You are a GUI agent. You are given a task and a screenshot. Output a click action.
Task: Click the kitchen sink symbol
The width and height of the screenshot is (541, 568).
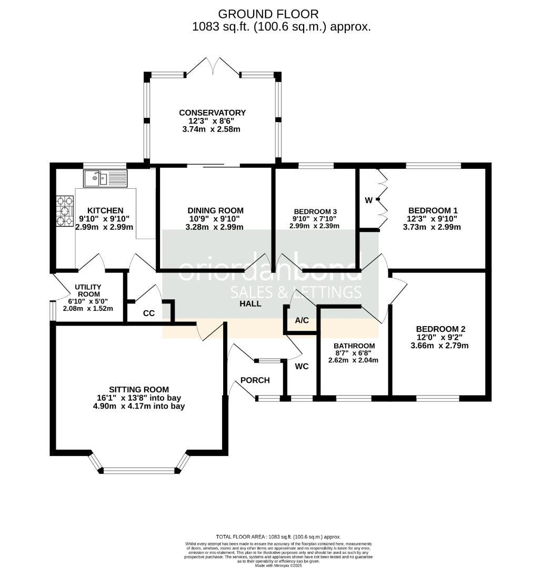click(105, 178)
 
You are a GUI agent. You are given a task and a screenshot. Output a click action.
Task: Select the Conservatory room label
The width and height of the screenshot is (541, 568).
click(212, 113)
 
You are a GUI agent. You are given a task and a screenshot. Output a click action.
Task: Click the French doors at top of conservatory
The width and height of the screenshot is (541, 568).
click(213, 67)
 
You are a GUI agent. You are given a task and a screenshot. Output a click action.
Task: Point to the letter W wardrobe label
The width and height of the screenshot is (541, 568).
click(369, 200)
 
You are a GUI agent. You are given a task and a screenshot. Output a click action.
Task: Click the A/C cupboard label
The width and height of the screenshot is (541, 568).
click(302, 320)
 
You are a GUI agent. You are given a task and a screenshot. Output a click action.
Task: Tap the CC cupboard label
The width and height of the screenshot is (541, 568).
click(149, 313)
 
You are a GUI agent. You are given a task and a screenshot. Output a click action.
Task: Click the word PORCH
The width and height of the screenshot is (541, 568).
click(255, 380)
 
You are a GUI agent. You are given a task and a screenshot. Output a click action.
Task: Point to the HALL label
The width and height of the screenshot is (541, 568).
click(251, 304)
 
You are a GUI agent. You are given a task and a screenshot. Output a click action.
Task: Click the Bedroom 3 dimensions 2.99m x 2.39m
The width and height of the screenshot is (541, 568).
click(314, 226)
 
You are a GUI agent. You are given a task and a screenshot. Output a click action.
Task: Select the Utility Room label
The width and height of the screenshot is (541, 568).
click(88, 290)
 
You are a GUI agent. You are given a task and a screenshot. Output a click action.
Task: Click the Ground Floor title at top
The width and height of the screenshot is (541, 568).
click(268, 14)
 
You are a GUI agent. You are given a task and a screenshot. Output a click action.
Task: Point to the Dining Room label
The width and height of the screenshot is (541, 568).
click(208, 210)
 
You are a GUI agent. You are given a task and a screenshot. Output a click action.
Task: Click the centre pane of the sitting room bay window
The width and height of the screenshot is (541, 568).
click(139, 470)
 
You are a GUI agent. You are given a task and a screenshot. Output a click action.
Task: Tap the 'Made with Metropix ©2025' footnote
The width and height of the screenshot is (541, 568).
click(278, 565)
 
